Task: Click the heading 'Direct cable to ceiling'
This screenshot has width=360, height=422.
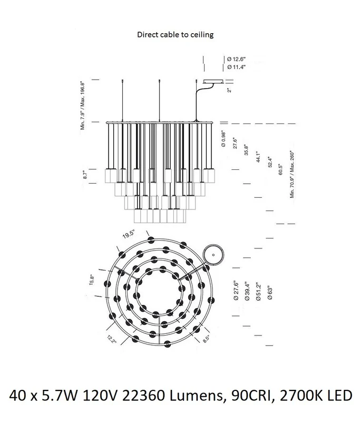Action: [x=176, y=35]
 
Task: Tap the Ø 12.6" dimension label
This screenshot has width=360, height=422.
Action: [x=236, y=59]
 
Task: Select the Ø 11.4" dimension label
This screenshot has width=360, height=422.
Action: [x=236, y=67]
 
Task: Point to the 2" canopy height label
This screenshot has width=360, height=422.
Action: [x=230, y=89]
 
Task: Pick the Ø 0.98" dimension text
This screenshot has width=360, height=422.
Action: [x=223, y=139]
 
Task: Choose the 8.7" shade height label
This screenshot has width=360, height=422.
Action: [x=85, y=175]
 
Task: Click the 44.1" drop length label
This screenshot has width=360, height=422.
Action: [x=258, y=157]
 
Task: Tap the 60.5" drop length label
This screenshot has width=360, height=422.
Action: [x=281, y=169]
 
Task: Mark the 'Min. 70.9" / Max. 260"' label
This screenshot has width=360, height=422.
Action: [x=292, y=175]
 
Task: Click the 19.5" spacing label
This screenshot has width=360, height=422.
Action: [x=129, y=234]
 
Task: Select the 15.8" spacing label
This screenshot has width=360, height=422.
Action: [x=92, y=280]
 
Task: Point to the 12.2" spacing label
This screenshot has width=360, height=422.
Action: [x=111, y=339]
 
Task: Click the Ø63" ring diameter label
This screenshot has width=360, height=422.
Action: [x=270, y=293]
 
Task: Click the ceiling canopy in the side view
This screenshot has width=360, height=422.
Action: [x=213, y=81]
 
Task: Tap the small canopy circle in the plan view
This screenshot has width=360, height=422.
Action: [x=213, y=255]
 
